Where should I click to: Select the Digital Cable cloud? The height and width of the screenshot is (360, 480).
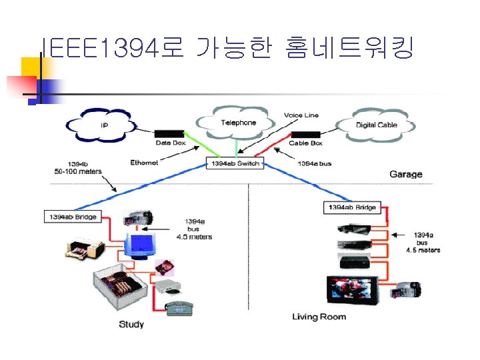pos(377,125)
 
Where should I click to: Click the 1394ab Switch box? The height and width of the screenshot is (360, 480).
pos(235,163)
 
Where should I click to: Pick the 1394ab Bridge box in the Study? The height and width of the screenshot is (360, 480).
pos(72,217)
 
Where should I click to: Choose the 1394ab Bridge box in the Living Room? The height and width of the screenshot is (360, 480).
pos(351,208)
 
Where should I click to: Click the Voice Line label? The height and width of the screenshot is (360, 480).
pos(301,115)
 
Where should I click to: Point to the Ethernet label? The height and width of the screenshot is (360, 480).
pos(145,163)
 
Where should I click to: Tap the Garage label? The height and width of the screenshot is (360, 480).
pos(405,175)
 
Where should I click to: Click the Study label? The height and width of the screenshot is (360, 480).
pos(131,325)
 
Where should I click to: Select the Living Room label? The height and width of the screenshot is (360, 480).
pos(319,316)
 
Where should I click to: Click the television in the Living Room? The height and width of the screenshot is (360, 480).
pos(351,288)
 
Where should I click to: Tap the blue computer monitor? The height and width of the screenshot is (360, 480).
pos(141,244)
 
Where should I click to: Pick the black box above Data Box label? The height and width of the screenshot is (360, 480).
pos(169,134)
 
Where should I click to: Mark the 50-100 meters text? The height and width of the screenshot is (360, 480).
pos(78,171)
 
